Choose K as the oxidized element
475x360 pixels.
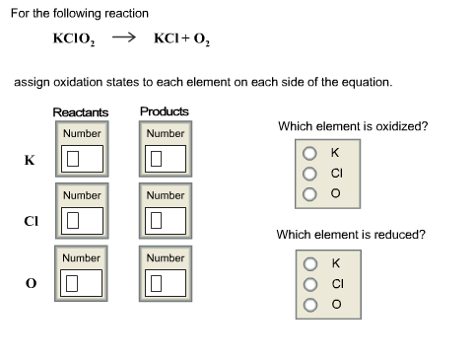pos(309,153)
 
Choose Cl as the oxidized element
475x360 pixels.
pos(309,173)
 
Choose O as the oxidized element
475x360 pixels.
pos(309,192)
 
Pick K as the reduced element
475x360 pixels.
pos(309,263)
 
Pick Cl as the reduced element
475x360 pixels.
pos(309,283)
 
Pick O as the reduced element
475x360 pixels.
pos(309,303)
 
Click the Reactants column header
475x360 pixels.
pos(81,112)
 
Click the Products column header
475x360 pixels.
pos(165,111)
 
